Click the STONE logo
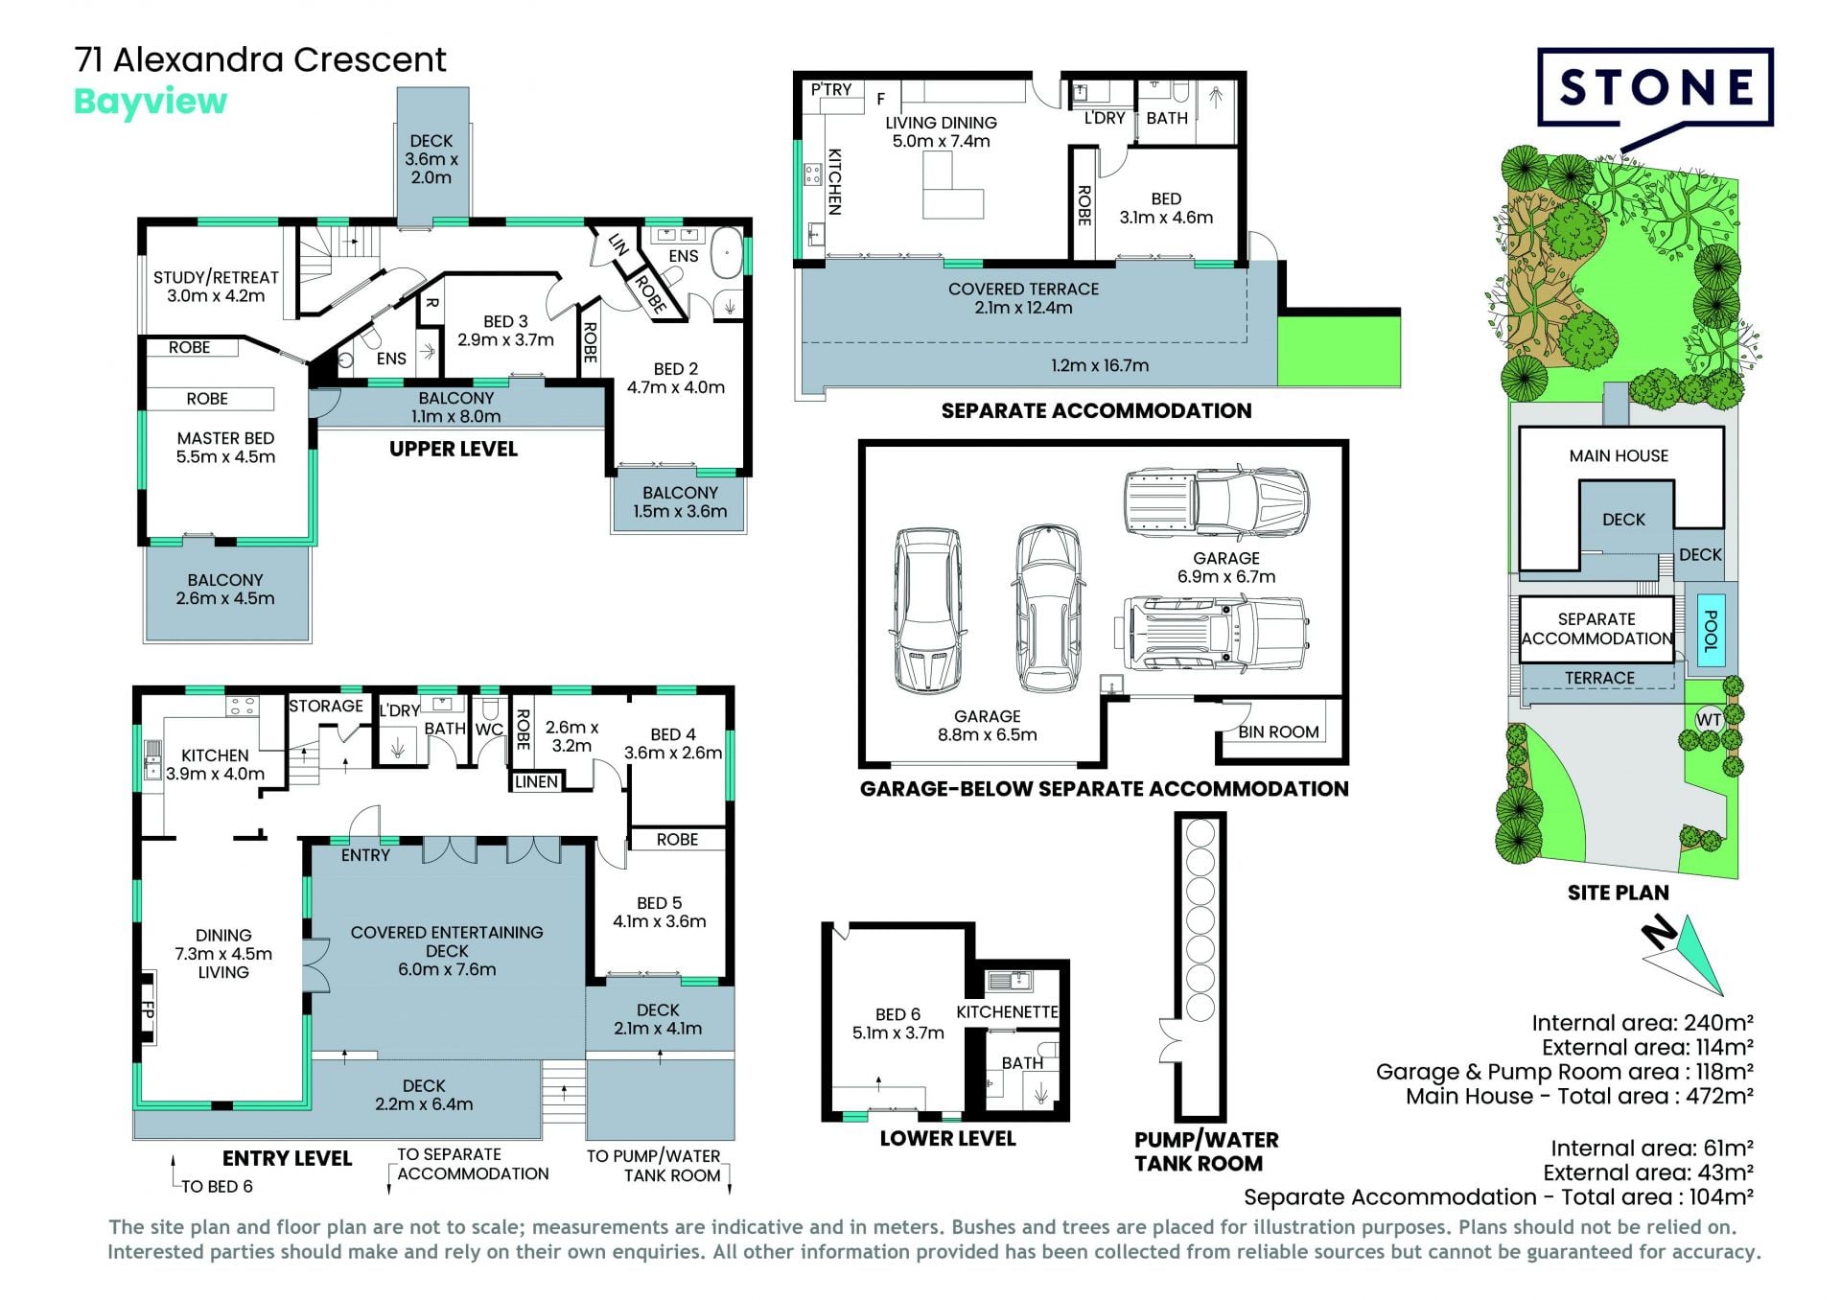click(1655, 88)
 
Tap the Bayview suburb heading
click(151, 102)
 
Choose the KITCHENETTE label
click(1007, 1012)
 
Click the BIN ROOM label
click(1278, 731)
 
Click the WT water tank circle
click(1709, 720)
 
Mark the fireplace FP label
click(148, 1009)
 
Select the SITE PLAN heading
click(1618, 893)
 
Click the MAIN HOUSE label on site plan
click(1619, 455)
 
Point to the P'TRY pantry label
click(831, 89)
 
